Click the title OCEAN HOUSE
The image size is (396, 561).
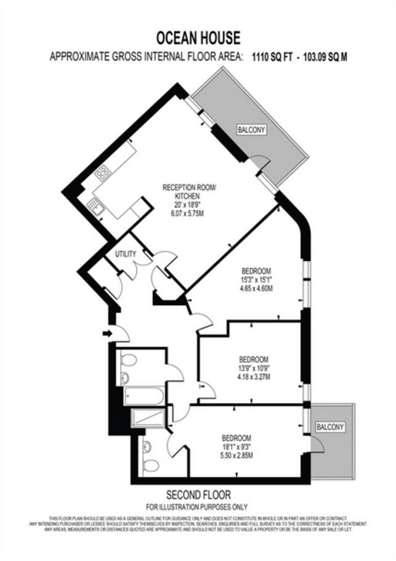pos(198,38)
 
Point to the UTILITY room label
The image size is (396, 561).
pos(126,253)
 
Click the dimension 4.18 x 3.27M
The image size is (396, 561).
pos(254,376)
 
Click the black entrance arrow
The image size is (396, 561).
pos(108,333)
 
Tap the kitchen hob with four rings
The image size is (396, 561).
pos(102,173)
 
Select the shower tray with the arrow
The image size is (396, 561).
pos(148,418)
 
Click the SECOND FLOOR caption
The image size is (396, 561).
pos(198,495)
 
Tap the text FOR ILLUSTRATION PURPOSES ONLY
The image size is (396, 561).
pos(198,507)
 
